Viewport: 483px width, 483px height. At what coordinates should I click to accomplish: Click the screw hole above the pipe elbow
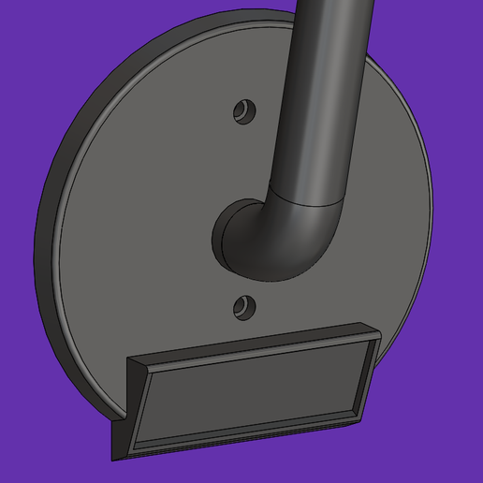pyautogui.click(x=245, y=110)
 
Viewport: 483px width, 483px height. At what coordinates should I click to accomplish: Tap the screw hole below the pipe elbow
pyautogui.click(x=245, y=304)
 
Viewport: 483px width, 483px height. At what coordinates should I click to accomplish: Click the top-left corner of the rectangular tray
pyautogui.click(x=129, y=360)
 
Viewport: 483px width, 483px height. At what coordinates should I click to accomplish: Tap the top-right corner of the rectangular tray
pyautogui.click(x=378, y=329)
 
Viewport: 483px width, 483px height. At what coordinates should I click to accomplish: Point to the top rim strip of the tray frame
pyautogui.click(x=253, y=345)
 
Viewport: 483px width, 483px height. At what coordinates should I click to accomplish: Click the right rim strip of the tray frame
pyautogui.click(x=366, y=374)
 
